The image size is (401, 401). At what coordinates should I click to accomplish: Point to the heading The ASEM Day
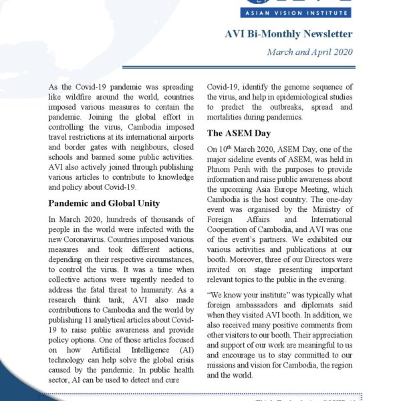point(239,133)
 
